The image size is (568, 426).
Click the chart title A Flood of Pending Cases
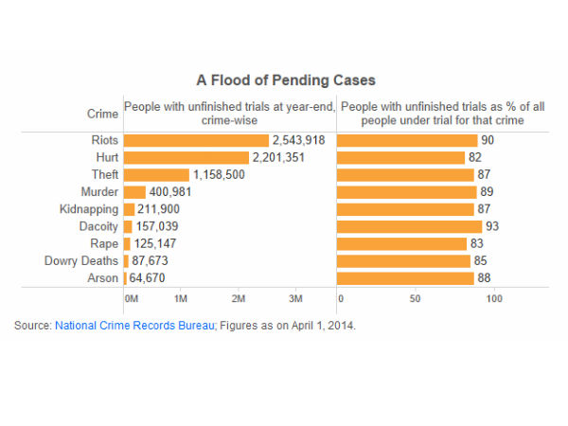coord(285,80)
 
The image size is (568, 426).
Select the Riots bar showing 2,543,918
coord(196,140)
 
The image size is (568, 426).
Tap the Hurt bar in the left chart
coord(186,157)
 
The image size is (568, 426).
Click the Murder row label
coord(100,192)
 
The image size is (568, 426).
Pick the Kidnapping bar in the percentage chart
coord(404,209)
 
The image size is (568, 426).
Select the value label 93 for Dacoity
coord(491,226)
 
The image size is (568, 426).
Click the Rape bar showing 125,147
coord(127,244)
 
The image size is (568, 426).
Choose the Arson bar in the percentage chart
coord(405,278)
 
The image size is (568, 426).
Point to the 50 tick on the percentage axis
coord(415,298)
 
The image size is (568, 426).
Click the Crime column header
coord(103,115)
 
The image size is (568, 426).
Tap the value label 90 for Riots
coord(488,140)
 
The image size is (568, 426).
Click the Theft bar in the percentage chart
coord(404,175)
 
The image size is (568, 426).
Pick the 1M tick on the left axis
coord(180,298)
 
